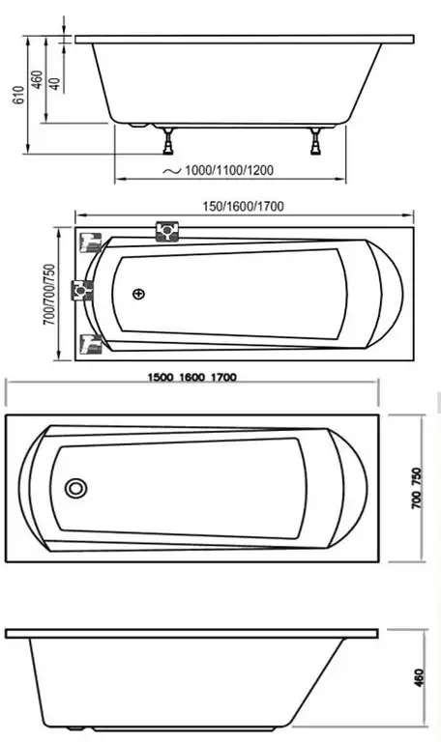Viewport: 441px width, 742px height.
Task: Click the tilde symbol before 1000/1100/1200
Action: pos(170,170)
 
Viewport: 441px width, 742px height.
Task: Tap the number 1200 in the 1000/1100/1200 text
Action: pos(258,171)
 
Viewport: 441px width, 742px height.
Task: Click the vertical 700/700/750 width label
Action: pos(49,294)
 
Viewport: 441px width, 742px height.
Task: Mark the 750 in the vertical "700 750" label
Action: pos(416,477)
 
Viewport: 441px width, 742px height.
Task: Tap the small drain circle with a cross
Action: pos(139,294)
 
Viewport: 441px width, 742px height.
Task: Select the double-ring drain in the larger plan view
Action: pos(75,489)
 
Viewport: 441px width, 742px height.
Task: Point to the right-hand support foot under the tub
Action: pos(316,143)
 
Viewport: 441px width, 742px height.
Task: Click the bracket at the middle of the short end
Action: pos(87,288)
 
